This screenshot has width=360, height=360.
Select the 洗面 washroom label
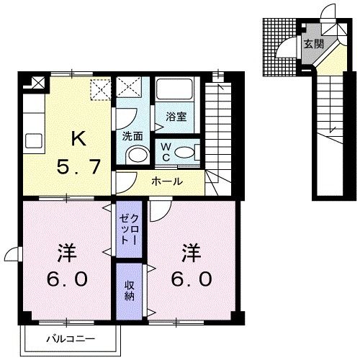pyautogui.click(x=132, y=135)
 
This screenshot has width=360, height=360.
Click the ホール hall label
pyautogui.click(x=166, y=181)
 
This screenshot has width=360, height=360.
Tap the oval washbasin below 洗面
pyautogui.click(x=135, y=155)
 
